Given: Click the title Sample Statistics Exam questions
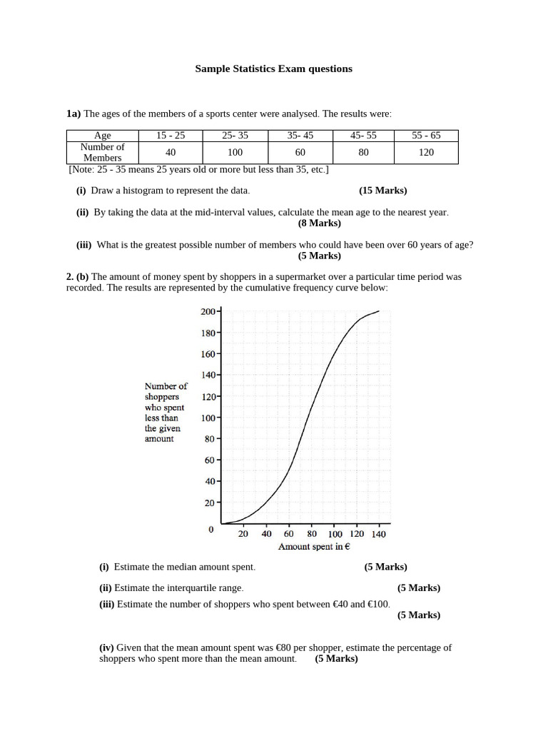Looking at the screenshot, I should pos(274,69).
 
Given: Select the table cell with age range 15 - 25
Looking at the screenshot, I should pos(171,135).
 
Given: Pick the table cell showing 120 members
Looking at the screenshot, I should pos(426,152).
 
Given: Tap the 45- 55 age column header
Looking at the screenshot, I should pos(363,135).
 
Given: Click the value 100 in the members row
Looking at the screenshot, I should pos(235,152).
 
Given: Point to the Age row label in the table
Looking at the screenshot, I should pos(103,135).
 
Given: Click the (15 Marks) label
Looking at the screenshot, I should pos(383,191).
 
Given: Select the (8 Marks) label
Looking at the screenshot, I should pos(320,223).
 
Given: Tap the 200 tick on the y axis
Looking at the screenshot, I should pos(208,311).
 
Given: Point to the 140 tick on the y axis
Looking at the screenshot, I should pos(208,375).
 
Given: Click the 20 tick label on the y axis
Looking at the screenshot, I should pos(210,503).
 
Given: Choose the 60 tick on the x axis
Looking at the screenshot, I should pos(289,534).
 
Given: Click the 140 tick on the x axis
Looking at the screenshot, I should pos(378,534).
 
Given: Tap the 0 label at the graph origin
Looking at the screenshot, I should pos(211,530).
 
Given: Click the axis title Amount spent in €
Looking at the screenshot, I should pos(314,547).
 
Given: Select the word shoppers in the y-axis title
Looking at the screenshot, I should pos(162,396).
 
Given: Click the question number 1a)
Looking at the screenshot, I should pos(74,114).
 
